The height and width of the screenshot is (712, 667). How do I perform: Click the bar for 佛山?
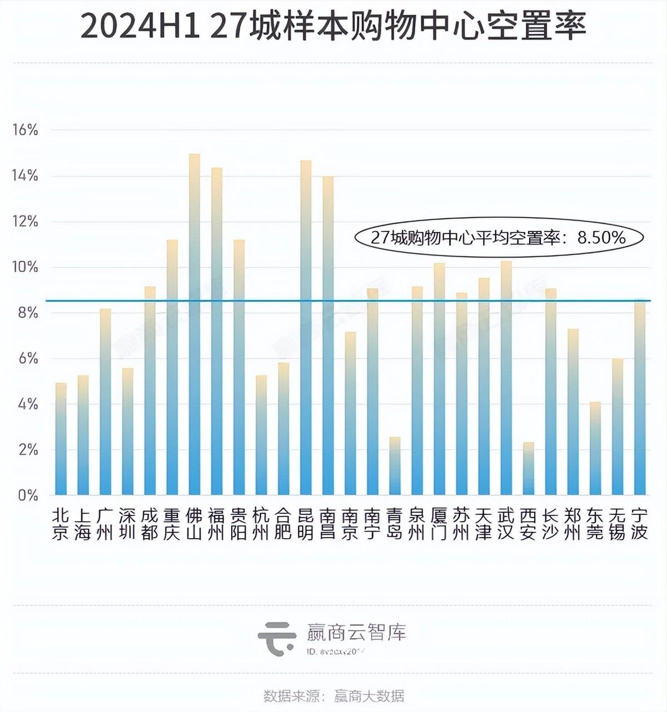click(195, 325)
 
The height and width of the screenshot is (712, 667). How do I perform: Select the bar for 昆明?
click(306, 328)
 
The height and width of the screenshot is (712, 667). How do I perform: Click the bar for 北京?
click(61, 439)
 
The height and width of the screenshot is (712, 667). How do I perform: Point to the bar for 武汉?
click(506, 378)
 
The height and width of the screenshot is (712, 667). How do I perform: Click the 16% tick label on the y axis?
click(25, 131)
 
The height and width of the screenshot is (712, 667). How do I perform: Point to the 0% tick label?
click(27, 495)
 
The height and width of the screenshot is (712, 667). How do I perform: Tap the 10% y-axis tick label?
click(25, 267)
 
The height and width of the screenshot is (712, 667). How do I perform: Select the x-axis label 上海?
click(83, 524)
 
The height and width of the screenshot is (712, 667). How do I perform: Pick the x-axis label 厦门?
click(439, 524)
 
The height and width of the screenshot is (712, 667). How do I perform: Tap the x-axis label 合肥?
click(283, 524)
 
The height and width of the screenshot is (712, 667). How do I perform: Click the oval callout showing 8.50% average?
click(498, 238)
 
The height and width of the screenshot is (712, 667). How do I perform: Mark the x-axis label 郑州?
click(573, 524)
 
